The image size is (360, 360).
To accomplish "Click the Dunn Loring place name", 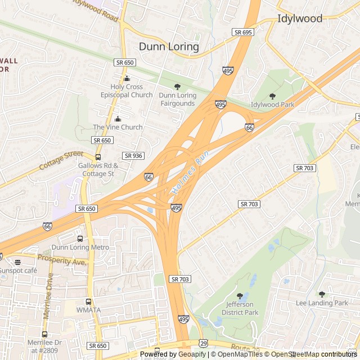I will [169, 47].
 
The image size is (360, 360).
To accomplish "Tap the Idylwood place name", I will [300, 19].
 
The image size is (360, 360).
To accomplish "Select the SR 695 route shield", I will [243, 32].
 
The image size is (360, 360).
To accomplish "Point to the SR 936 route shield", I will [133, 155].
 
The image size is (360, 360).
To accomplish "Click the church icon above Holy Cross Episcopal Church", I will [127, 79].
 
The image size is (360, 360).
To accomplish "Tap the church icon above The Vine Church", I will [118, 119].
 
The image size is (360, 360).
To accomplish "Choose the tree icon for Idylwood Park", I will [273, 97].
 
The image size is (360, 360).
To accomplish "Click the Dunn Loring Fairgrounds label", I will [178, 100].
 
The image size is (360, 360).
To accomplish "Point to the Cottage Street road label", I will [61, 161].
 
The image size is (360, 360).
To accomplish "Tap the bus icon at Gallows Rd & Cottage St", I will [98, 157].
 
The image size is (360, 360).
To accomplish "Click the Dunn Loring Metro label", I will [80, 247].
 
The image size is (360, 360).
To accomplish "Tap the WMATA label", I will [88, 310].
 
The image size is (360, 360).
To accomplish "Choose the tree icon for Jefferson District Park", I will [240, 296].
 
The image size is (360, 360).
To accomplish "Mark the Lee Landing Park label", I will [322, 303].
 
